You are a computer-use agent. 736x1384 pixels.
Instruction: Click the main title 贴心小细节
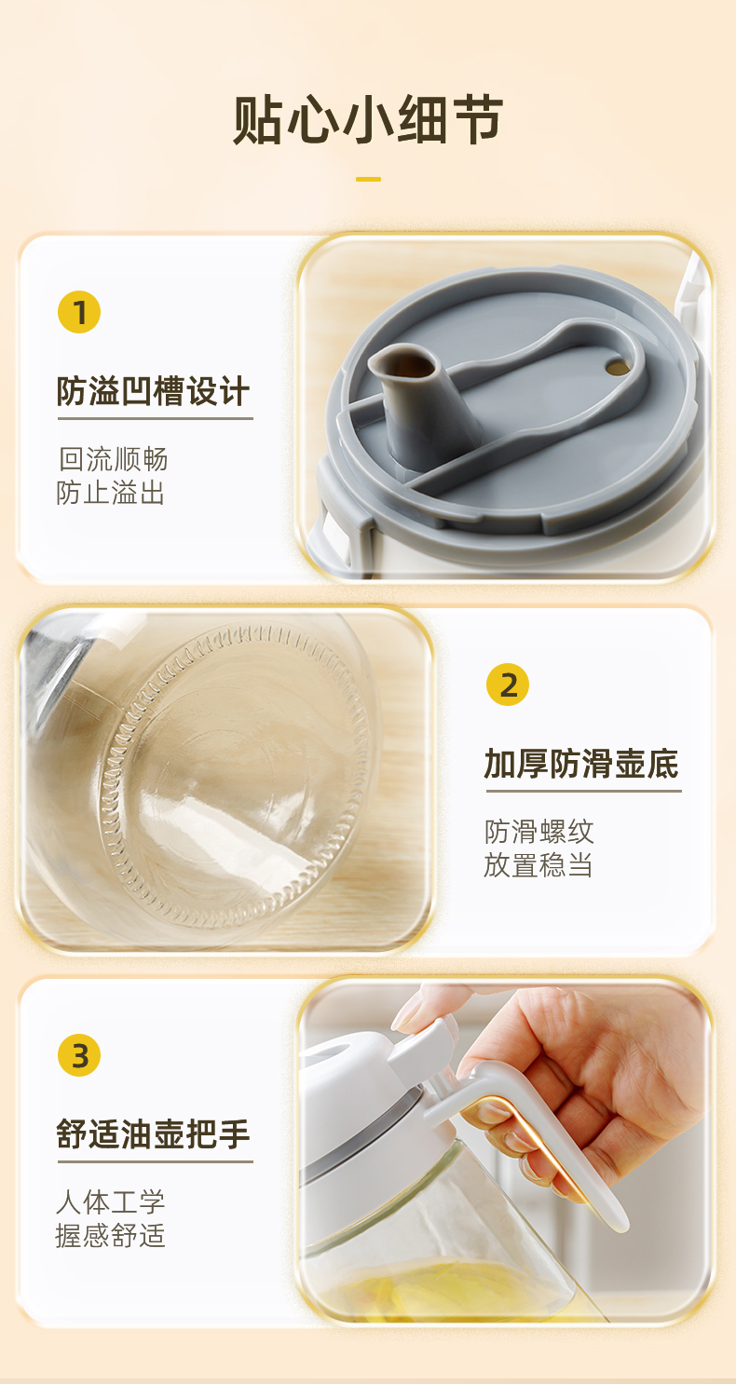(x=368, y=120)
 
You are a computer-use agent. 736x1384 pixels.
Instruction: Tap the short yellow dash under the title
(x=368, y=179)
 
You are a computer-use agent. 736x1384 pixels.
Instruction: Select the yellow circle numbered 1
(x=79, y=312)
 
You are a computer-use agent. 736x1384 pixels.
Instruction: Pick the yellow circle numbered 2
(x=508, y=685)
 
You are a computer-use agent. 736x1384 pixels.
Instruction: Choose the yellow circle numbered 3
(x=79, y=1055)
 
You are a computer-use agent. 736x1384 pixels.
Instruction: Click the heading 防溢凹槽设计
(x=154, y=391)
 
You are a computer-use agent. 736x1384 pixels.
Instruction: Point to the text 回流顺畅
(x=113, y=459)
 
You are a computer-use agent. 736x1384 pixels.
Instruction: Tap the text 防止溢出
(x=111, y=493)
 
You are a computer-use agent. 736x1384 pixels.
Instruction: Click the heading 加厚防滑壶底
(x=581, y=764)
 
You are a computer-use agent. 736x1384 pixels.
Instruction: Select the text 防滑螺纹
(x=538, y=832)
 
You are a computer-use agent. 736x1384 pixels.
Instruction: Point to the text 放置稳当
(x=538, y=865)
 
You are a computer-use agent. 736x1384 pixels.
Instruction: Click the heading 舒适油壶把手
(x=154, y=1134)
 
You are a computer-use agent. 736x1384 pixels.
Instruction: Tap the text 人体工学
(x=111, y=1202)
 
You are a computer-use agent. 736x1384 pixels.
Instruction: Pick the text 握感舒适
(x=111, y=1236)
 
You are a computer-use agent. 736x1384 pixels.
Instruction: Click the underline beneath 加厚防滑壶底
(x=583, y=790)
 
